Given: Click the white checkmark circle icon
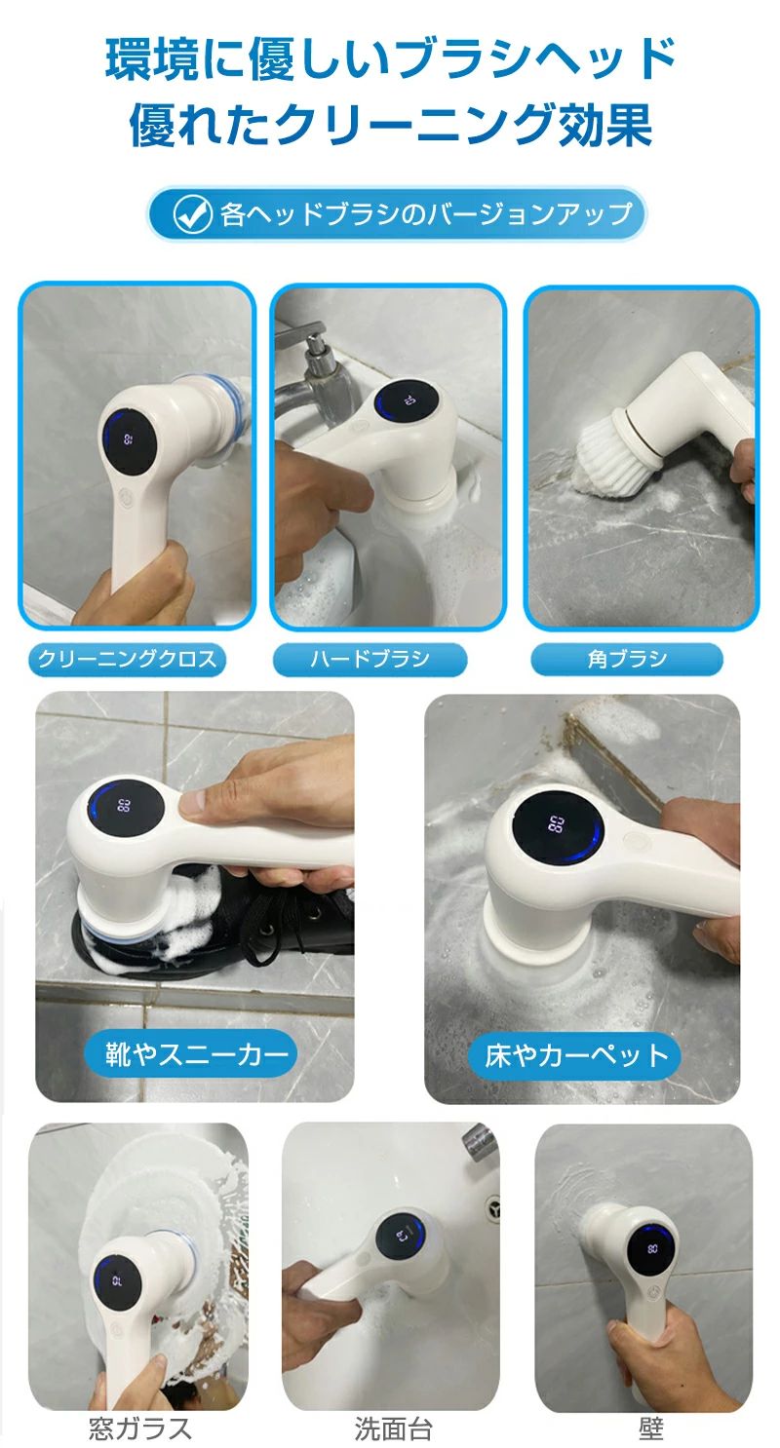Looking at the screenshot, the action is (193, 214).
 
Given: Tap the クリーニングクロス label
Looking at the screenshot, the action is (127, 660).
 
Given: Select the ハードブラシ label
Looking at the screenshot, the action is (370, 660).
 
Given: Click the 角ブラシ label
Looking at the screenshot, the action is (627, 660).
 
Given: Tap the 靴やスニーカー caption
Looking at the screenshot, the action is (191, 1054).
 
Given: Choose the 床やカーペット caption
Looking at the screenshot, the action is (574, 1055).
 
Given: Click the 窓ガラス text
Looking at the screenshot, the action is (139, 1428).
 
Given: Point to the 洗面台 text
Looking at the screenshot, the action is (393, 1428).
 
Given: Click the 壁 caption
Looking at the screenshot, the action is (650, 1428).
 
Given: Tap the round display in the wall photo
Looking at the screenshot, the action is (652, 1249).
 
